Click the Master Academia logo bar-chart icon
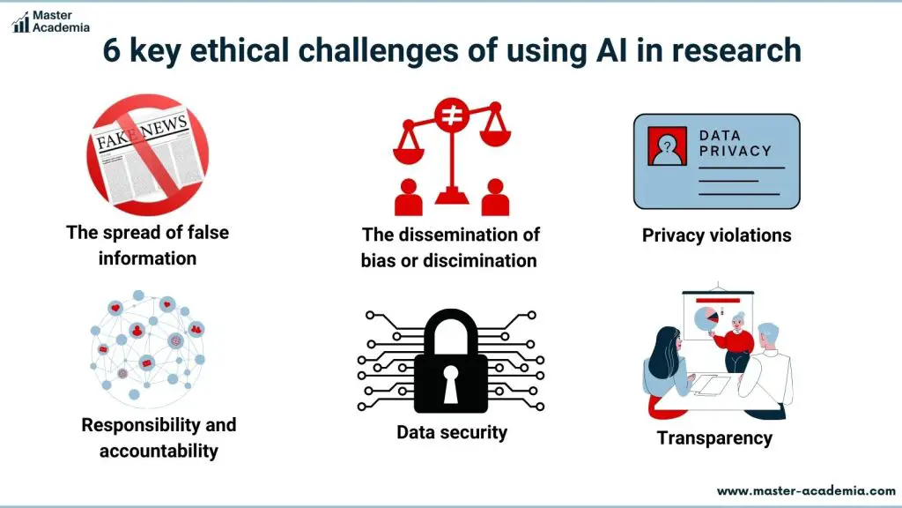point(21,22)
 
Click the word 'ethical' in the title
point(240,50)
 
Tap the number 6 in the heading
point(111,50)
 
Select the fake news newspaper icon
point(147,155)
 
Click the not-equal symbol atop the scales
point(452,115)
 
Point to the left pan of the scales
point(409,153)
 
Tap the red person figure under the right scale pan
point(495,197)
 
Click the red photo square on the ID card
point(668,146)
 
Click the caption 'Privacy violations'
point(717,235)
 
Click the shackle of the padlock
point(451,332)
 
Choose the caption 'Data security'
point(452,432)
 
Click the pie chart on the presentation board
point(706,318)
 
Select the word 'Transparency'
point(714,438)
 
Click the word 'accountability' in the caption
point(159,451)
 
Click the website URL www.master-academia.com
point(807,491)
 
